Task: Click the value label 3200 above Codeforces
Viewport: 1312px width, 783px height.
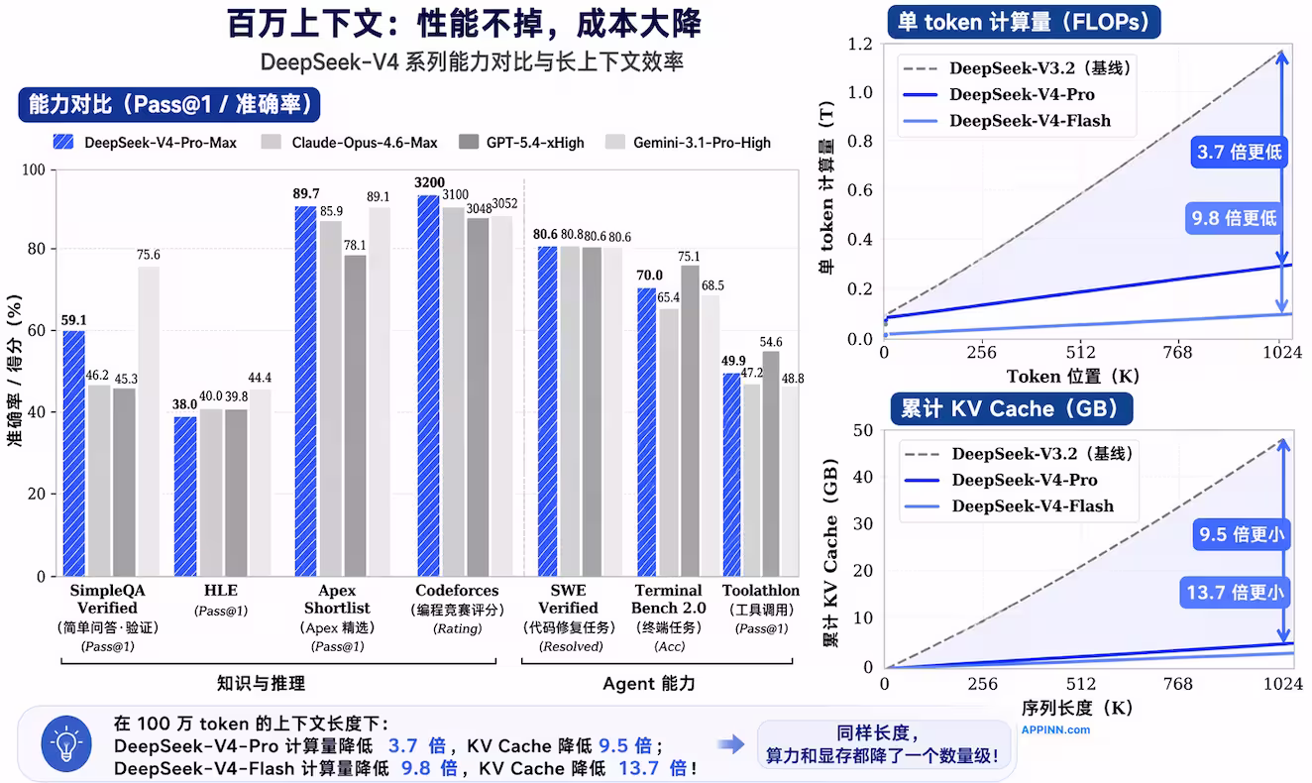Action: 429,183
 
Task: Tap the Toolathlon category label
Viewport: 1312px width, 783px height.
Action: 760,591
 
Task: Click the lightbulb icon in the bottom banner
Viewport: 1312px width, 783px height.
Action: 65,743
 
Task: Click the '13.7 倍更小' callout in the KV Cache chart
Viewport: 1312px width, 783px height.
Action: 1235,594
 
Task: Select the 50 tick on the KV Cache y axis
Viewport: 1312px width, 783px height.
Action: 865,430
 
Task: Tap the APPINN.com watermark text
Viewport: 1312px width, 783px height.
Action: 1055,729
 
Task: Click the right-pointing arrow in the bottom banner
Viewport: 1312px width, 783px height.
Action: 731,743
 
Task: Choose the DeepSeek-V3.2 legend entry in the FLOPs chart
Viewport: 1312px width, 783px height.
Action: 1039,68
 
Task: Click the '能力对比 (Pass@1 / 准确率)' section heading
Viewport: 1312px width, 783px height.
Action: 169,104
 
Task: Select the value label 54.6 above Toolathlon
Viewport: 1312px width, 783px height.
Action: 770,342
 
